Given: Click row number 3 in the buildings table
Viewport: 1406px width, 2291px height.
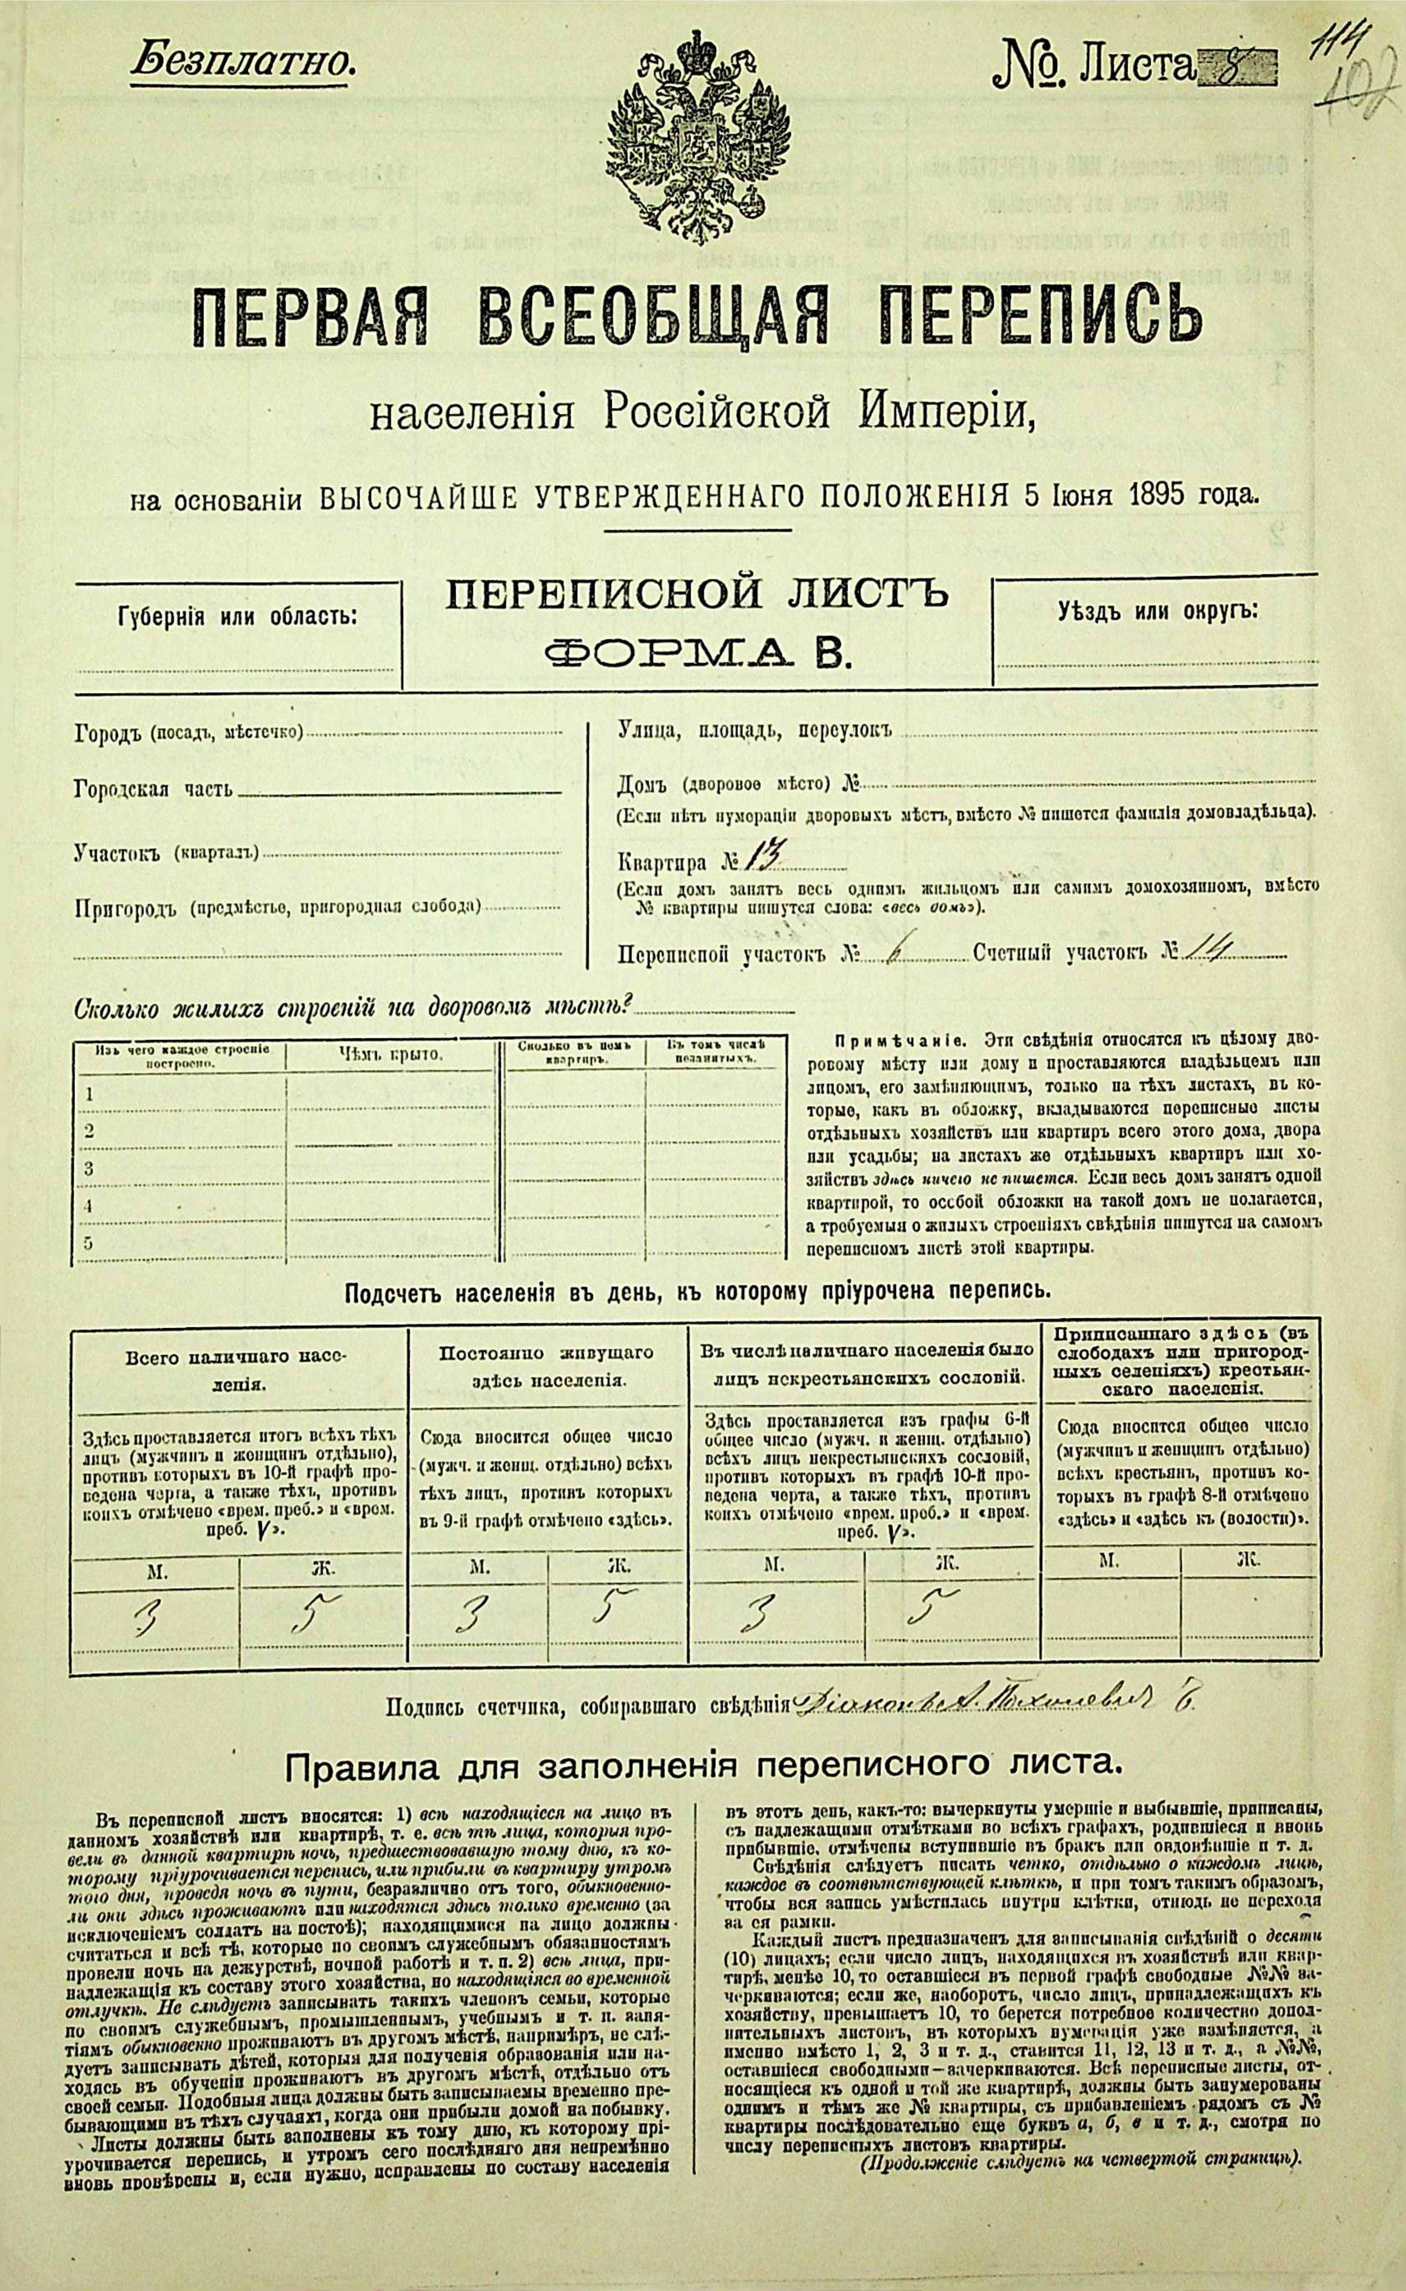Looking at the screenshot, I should pos(89,1167).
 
